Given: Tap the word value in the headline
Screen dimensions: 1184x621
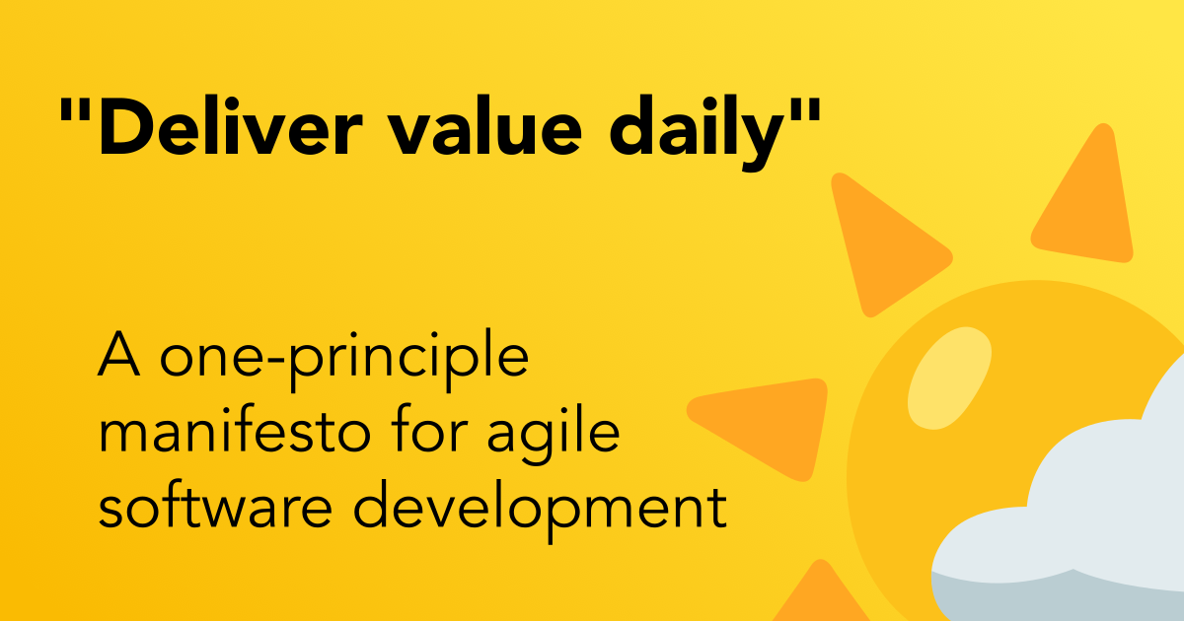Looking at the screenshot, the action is tap(485, 126).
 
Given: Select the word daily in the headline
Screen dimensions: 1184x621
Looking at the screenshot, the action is tap(698, 133).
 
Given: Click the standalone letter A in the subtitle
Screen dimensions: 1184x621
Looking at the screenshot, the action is tap(119, 353).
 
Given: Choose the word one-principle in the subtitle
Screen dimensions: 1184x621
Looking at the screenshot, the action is tap(344, 360).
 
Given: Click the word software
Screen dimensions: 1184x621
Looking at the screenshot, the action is tap(216, 505).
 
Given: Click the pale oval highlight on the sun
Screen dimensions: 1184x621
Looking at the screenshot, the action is tap(949, 379).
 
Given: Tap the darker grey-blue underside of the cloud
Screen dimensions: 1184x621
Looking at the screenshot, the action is tap(1057, 596).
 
